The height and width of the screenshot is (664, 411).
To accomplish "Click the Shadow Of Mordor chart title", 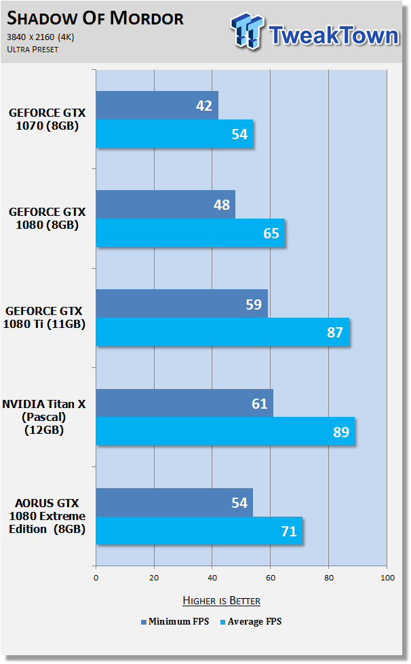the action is [x=95, y=18].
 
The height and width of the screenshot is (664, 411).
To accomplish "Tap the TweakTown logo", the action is [x=315, y=32].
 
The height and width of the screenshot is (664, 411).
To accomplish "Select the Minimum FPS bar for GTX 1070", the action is [x=157, y=105].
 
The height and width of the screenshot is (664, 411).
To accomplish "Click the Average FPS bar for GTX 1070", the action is [x=174, y=134].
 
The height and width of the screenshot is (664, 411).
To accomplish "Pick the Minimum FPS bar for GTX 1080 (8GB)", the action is [x=165, y=204].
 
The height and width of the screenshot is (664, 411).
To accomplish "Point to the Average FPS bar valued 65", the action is [x=191, y=233].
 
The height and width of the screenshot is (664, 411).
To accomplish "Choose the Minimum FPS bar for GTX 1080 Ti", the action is [x=182, y=303].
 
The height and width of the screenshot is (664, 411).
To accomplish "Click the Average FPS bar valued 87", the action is [x=222, y=332].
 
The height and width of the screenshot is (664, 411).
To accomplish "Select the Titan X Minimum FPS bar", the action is [x=184, y=403].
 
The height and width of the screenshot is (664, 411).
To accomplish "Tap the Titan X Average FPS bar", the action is [x=225, y=431].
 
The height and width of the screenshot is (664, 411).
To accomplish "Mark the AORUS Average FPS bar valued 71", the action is [x=199, y=531].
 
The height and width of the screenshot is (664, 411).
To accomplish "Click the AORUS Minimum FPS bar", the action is [x=174, y=502].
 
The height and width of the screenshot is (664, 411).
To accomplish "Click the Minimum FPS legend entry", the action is [x=175, y=622].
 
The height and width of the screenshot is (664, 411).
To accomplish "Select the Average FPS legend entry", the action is [x=251, y=622].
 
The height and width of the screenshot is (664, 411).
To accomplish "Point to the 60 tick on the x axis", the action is [x=271, y=578].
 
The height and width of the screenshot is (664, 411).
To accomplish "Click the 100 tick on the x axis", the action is [x=387, y=578].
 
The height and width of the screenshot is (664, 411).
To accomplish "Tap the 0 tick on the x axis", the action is [x=96, y=578].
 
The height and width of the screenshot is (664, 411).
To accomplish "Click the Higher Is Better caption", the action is [x=222, y=600].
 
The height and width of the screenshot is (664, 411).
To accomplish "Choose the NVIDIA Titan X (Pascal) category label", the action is [x=44, y=417].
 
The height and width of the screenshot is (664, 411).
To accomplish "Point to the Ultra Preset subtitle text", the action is [x=33, y=49].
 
